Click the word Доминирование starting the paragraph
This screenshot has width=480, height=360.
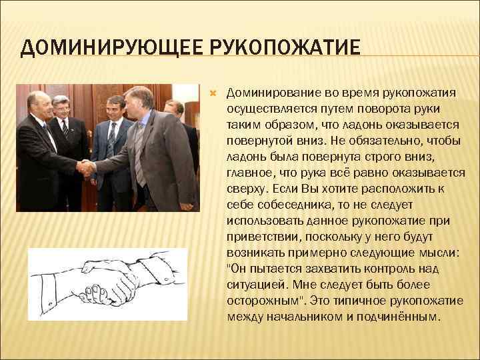pos(273,91)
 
